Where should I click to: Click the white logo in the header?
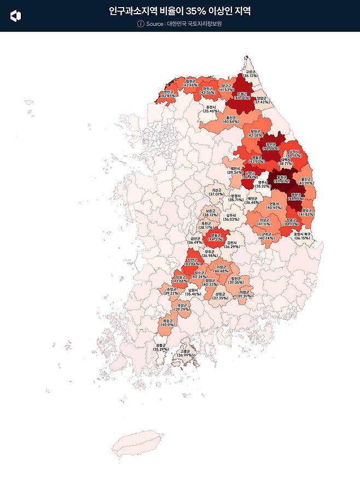(16, 16)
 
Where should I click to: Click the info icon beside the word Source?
(141, 24)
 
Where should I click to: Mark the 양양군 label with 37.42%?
(262, 99)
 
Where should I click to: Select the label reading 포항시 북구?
(302, 236)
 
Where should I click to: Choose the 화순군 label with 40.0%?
(168, 322)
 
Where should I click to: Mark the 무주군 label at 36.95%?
(210, 254)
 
